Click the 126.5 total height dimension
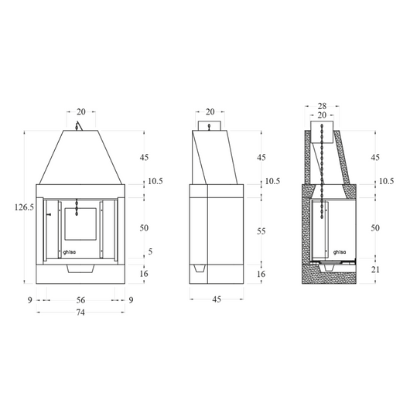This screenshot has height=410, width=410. tap(24, 207)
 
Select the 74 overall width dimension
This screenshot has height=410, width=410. tap(80, 313)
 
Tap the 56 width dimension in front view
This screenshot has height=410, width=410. tap(80, 300)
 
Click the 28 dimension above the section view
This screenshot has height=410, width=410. tap(322, 106)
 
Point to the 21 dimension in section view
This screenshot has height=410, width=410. tap(375, 269)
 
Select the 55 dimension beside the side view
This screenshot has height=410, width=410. tap(261, 231)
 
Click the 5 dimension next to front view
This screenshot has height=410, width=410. tap(150, 251)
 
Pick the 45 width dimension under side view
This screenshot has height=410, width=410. tap(217, 299)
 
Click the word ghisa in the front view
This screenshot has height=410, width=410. tap(70, 253)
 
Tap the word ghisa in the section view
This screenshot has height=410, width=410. tap(340, 252)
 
